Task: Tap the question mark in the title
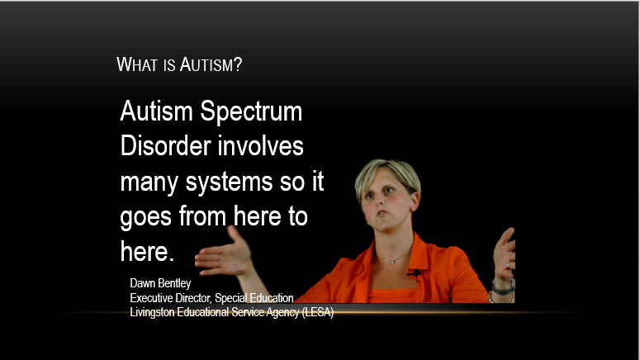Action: pos(238,64)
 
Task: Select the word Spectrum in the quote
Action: pos(251,111)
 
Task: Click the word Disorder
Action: pos(166,145)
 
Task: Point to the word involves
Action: pos(260,145)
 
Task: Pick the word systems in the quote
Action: pos(229,182)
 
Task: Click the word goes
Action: pos(145,217)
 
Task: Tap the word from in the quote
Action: pos(202,216)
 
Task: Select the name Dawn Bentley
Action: pos(160,283)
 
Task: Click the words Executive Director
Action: pos(170,298)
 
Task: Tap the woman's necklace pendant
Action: pos(392,261)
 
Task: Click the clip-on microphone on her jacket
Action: pos(415,272)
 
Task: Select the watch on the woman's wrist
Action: pos(503,289)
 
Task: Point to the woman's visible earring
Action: pos(413,210)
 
